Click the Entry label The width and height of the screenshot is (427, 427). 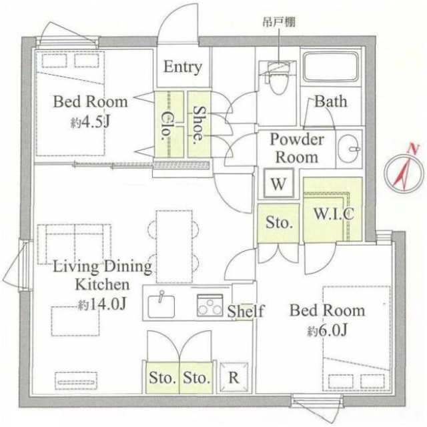183,67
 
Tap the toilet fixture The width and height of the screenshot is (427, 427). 278,78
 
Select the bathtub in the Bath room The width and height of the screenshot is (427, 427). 331,67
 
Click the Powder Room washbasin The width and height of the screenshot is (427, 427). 349,149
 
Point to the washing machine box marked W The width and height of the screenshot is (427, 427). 279,183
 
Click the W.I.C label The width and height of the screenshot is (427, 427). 334,213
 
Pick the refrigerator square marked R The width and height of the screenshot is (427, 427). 234,378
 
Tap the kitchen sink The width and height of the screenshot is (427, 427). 161,306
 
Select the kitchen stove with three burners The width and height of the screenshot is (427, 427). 210,305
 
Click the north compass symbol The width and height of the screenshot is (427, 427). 404,172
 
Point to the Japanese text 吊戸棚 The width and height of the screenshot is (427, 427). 279,22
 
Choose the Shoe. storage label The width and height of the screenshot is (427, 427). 199,125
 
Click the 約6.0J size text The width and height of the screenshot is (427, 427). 328,331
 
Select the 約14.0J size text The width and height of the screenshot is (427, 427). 102,304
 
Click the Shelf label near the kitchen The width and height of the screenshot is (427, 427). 246,311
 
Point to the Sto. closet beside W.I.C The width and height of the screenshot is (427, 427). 278,223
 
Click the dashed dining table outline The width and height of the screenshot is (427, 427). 174,246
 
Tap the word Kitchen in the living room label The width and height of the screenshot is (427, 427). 102,284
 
